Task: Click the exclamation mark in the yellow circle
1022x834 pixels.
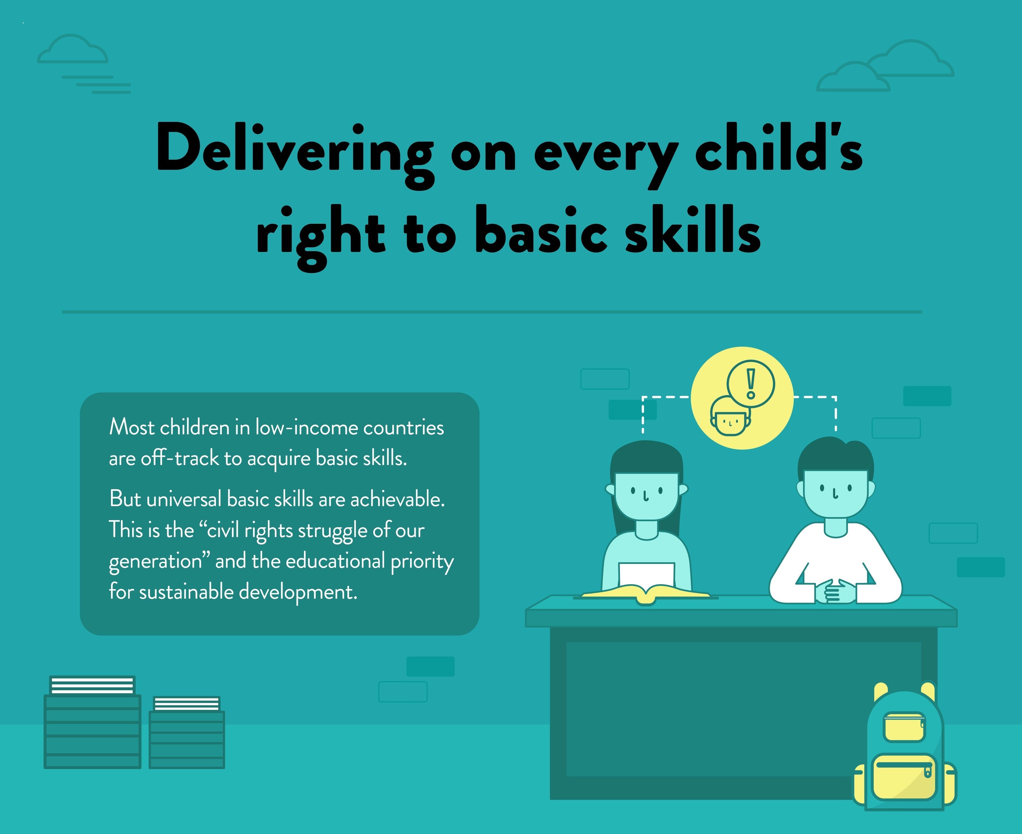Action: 751,383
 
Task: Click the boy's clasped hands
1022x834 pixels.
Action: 835,591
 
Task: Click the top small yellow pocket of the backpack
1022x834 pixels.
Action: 904,726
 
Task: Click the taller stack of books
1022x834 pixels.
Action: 92,722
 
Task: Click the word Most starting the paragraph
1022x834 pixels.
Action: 132,427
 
